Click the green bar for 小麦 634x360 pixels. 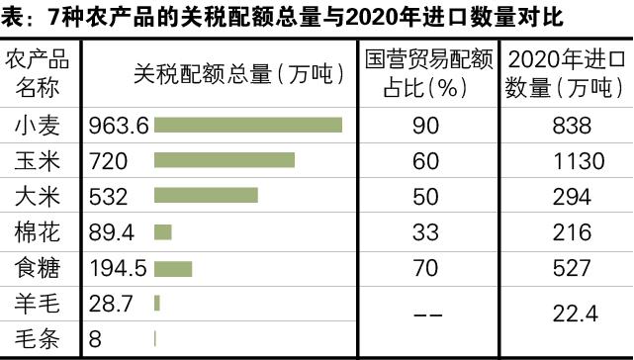click(x=248, y=126)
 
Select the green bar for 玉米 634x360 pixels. click(x=225, y=160)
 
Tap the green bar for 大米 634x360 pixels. click(x=206, y=196)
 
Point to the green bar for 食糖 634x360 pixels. click(x=173, y=268)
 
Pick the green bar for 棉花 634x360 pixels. click(x=163, y=232)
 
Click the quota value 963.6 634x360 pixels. click(x=118, y=126)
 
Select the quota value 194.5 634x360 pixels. click(x=118, y=268)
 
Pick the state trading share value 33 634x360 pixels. click(x=426, y=232)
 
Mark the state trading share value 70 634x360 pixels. click(x=426, y=268)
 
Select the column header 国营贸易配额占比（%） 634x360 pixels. click(x=426, y=72)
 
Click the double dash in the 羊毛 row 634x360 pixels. click(x=426, y=315)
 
